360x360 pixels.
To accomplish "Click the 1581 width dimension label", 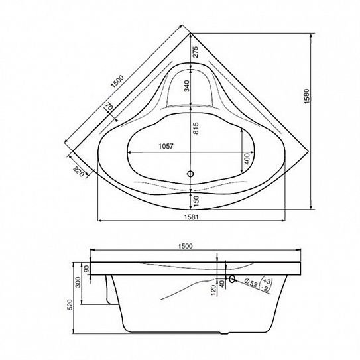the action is [191, 217].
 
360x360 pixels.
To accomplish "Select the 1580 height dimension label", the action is [307, 96].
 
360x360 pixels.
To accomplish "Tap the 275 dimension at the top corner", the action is [195, 52].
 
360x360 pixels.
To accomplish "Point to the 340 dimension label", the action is [188, 86].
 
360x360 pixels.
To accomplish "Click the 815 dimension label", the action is [196, 128].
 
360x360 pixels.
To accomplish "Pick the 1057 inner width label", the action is [166, 146].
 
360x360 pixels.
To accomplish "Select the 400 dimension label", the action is [247, 158].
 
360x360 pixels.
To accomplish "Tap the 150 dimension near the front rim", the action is [196, 201].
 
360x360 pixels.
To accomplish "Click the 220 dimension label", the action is [78, 171].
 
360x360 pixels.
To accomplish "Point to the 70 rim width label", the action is [109, 106].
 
